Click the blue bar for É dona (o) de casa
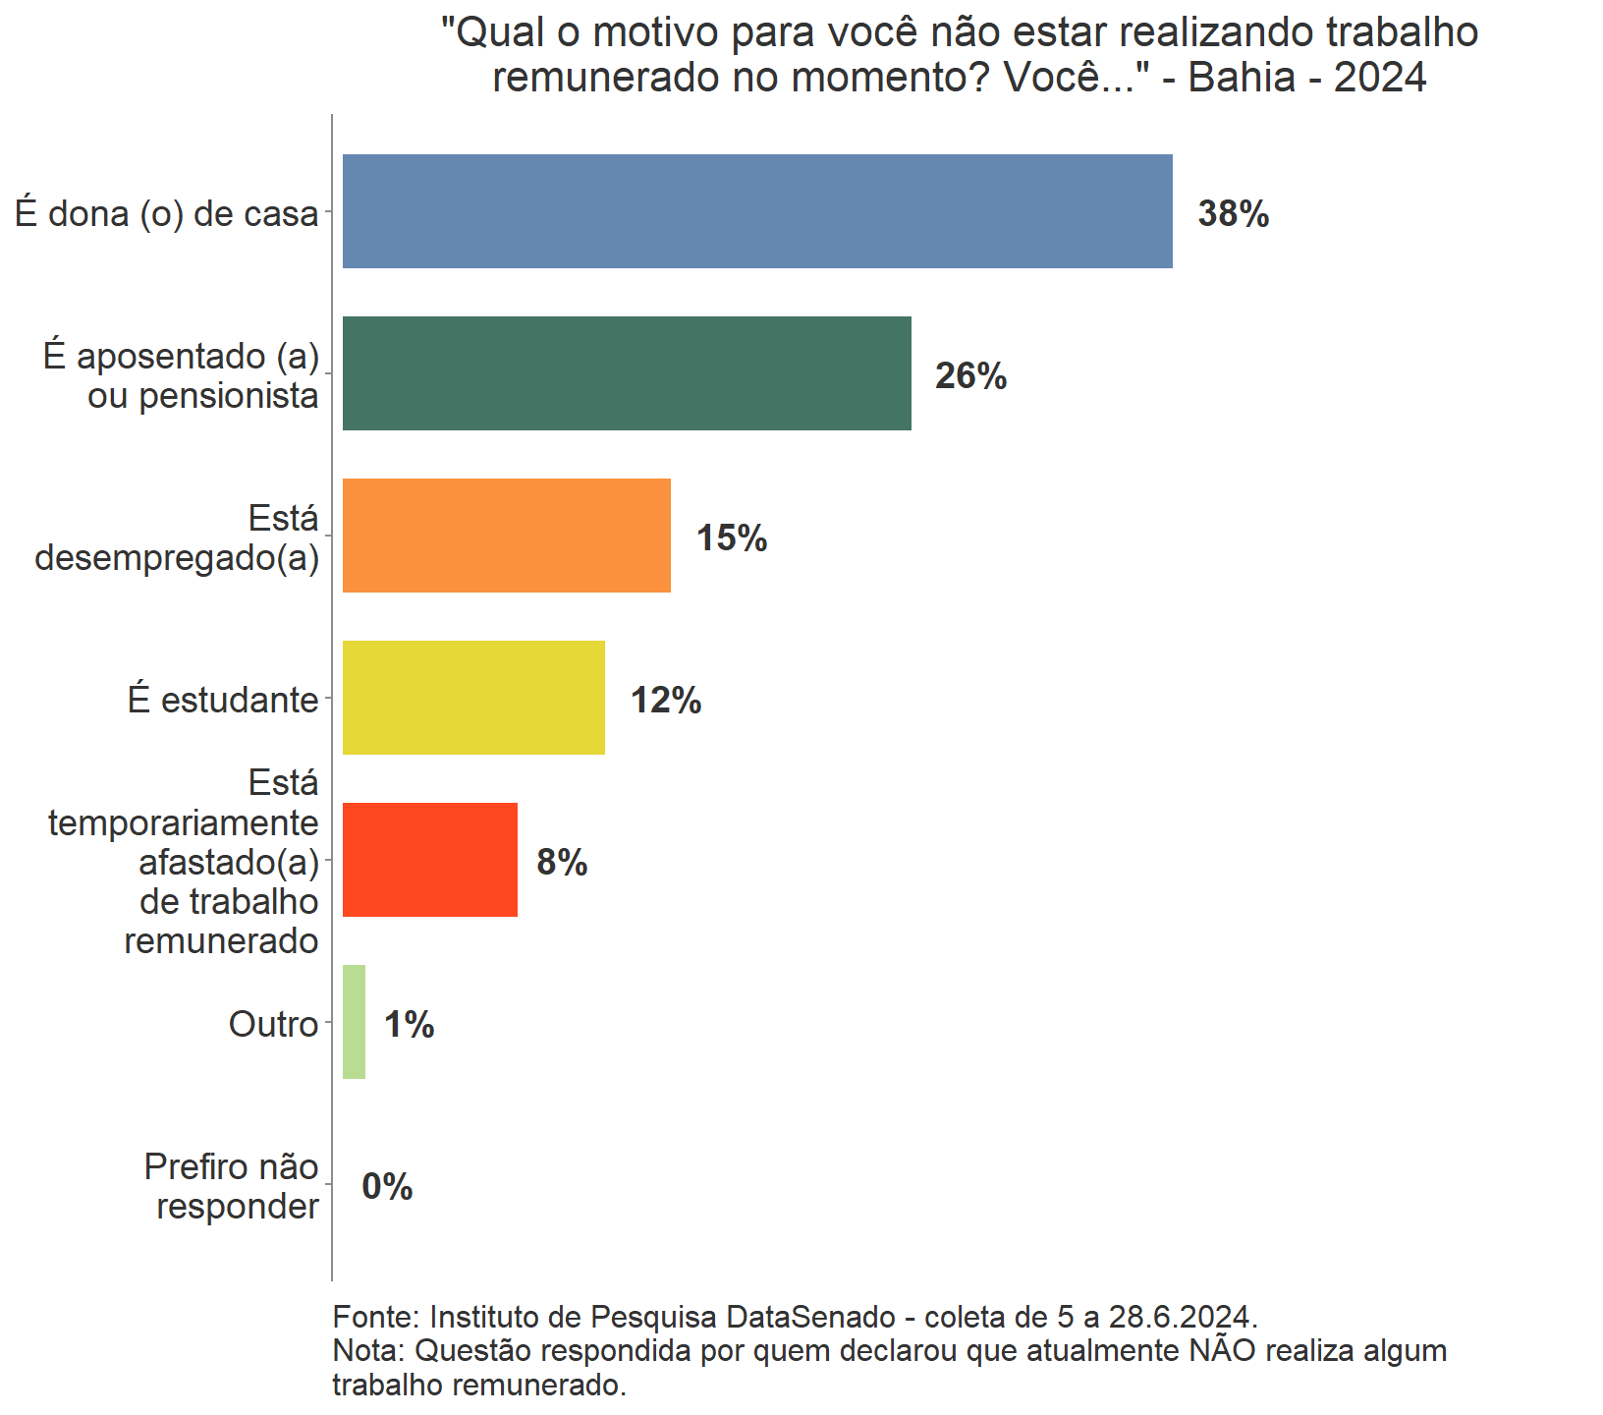pos(756,211)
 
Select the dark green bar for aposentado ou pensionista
pos(627,373)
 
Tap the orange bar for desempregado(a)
pos(506,536)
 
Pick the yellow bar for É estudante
pos(473,698)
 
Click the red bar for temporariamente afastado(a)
pos(429,860)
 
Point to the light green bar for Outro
pos(354,1022)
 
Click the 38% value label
pos(1233,214)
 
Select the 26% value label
pos(970,376)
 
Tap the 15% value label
pos(732,538)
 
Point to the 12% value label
pos(666,701)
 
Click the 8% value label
pos(562,863)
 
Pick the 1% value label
pos(409,1025)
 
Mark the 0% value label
pos(387,1187)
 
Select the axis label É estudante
pos(223,701)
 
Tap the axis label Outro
pos(273,1025)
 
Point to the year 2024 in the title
pos(1379,77)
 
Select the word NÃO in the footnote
pos(1222,1351)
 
